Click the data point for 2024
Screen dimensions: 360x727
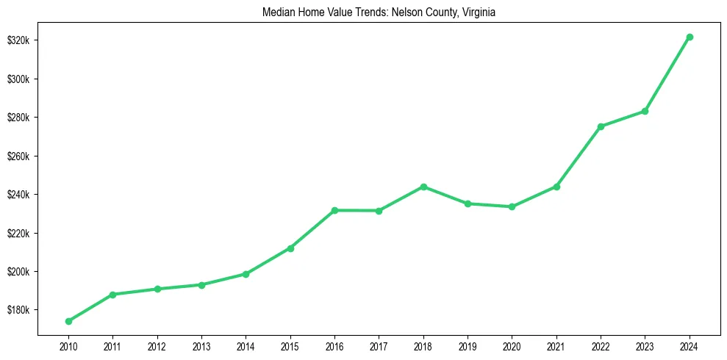690,37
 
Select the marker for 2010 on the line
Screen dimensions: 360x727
68,321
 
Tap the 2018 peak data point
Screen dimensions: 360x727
423,187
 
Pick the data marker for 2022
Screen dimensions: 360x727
601,126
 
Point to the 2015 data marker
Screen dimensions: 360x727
290,248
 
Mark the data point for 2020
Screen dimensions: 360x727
512,206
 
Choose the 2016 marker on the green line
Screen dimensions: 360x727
334,210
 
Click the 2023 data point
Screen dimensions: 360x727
645,111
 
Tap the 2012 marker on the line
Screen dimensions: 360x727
157,289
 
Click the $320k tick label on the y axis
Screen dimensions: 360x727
17,40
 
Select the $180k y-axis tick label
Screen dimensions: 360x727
17,310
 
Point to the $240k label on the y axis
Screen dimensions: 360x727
17,195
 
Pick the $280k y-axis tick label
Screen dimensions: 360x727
17,118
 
